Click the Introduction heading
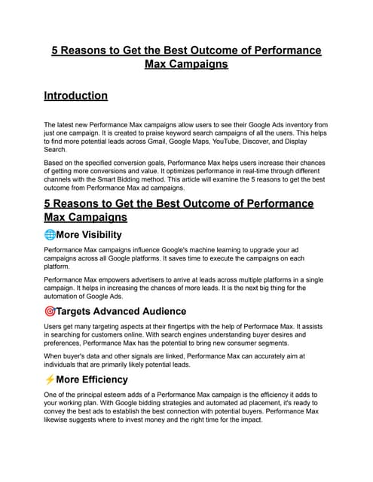click(75, 96)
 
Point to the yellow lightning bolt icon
click(50, 380)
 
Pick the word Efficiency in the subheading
click(100, 380)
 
